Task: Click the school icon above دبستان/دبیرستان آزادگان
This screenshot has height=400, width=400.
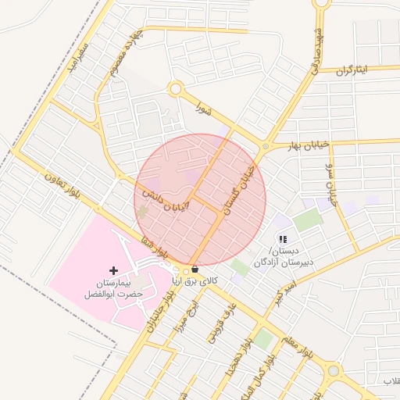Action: pyautogui.click(x=283, y=239)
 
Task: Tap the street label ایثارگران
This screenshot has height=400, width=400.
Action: pyautogui.click(x=356, y=70)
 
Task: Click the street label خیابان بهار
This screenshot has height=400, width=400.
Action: pyautogui.click(x=291, y=146)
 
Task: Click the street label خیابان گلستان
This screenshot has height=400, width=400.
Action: pyautogui.click(x=241, y=188)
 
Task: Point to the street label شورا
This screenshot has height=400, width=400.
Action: pyautogui.click(x=205, y=104)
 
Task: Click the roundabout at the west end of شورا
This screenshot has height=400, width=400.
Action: pyautogui.click(x=175, y=90)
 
